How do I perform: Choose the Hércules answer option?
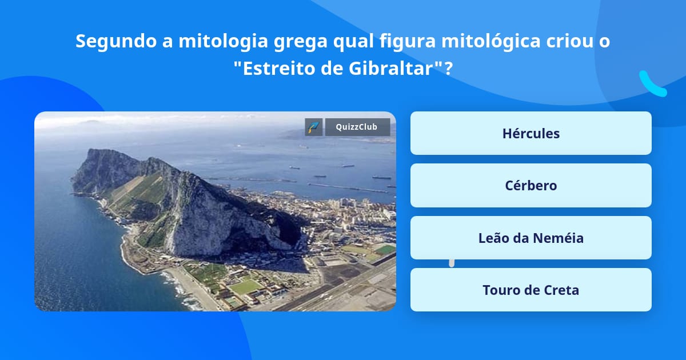(x=531, y=133)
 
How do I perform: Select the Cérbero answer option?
(x=531, y=185)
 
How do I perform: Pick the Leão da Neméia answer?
(x=531, y=238)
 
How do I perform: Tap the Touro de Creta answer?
(x=531, y=290)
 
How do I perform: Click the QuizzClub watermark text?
(x=357, y=127)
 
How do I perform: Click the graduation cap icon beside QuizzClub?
(x=314, y=127)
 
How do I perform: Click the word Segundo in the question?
(x=116, y=41)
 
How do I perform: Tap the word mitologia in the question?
(x=224, y=41)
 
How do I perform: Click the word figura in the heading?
(x=408, y=41)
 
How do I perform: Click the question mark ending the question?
(x=449, y=68)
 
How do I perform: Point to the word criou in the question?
(x=571, y=41)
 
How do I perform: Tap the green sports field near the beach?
(x=246, y=287)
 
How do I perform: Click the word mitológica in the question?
(x=491, y=41)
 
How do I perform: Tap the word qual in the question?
(x=353, y=41)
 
